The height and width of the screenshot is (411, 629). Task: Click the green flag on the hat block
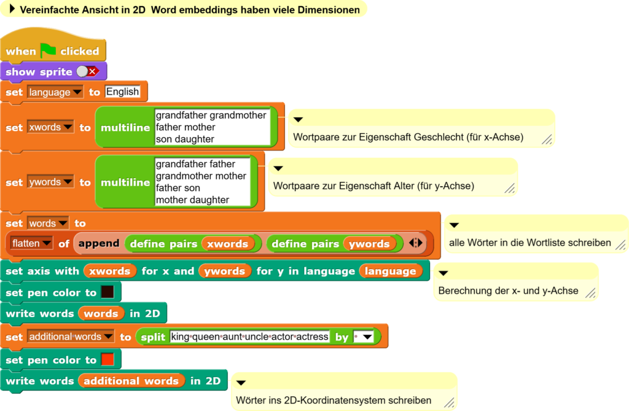[48, 50]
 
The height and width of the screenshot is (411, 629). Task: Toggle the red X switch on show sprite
[88, 71]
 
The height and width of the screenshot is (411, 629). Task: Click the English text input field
[122, 92]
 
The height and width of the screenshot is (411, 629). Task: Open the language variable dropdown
[55, 92]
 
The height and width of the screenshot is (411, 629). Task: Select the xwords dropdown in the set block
[50, 127]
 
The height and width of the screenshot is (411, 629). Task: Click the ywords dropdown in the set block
[50, 182]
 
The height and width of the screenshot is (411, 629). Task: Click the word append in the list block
[99, 243]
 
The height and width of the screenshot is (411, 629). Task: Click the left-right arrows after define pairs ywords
[416, 243]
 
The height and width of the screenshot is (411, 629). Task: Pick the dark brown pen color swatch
[107, 292]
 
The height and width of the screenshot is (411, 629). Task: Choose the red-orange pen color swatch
[107, 359]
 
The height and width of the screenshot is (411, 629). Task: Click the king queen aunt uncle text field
[249, 336]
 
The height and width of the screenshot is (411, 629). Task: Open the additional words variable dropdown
[71, 336]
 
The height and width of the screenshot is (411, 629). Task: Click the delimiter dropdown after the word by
[364, 337]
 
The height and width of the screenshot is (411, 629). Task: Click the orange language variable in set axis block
[390, 272]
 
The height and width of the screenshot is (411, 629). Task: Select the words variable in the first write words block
[101, 313]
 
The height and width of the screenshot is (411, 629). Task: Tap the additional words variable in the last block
[131, 380]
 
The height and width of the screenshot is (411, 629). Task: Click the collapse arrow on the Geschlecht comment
[298, 120]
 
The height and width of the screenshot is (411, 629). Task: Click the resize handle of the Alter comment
[509, 188]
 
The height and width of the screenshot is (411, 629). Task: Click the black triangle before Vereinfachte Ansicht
[12, 9]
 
